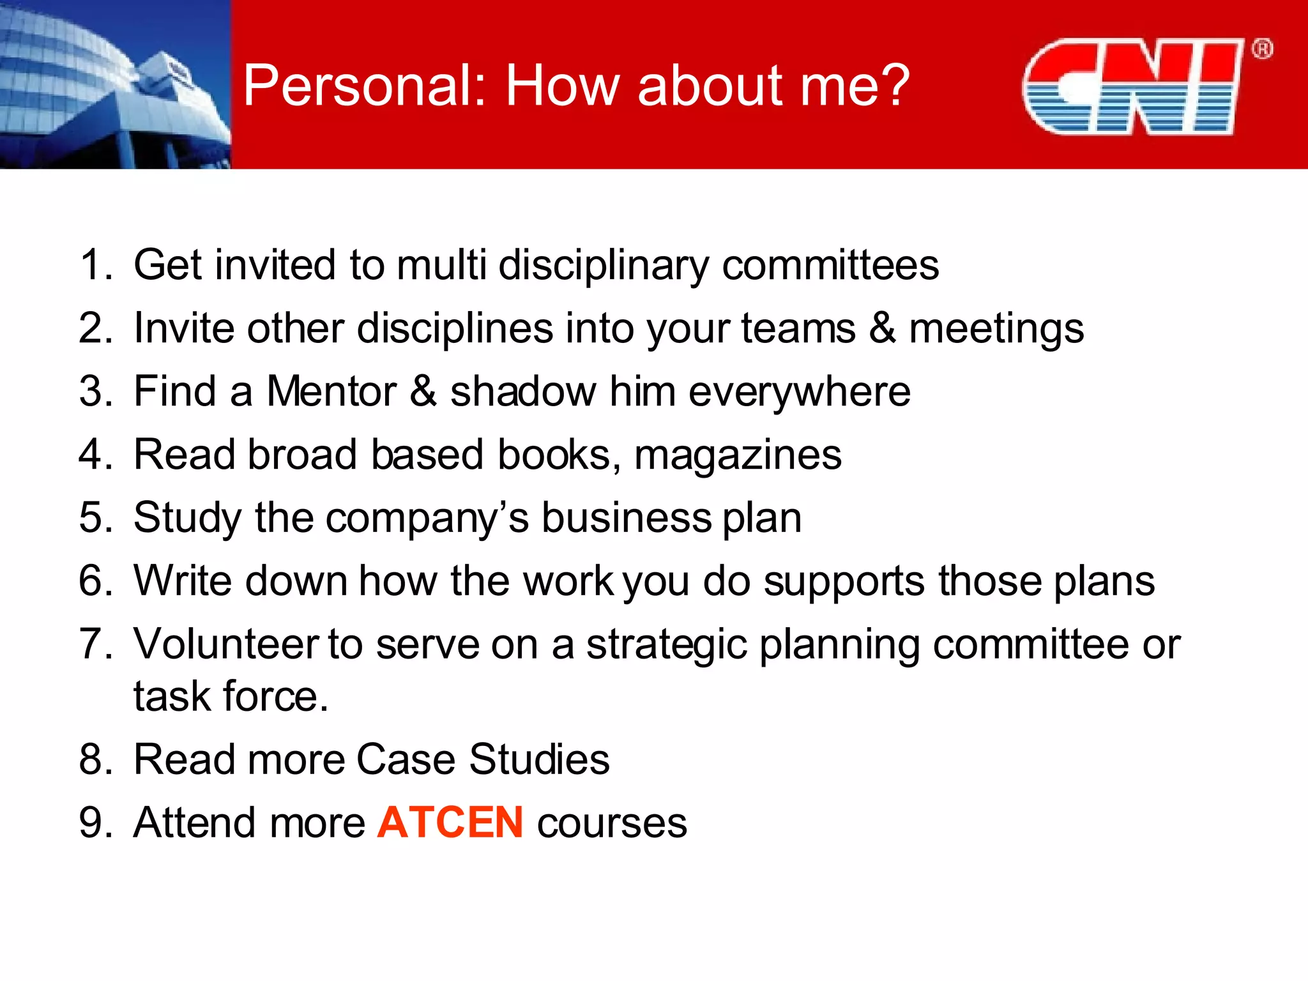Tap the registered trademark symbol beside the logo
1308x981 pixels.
point(1262,49)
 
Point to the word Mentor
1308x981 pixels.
point(331,391)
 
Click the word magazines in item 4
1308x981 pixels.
point(738,455)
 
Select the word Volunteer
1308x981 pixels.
point(226,644)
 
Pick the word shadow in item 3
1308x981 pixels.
point(523,391)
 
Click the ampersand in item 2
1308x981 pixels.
point(882,328)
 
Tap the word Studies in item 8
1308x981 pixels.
point(539,759)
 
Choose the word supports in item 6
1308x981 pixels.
point(844,582)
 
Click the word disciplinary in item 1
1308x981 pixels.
point(603,266)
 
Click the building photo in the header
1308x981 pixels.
point(115,84)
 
